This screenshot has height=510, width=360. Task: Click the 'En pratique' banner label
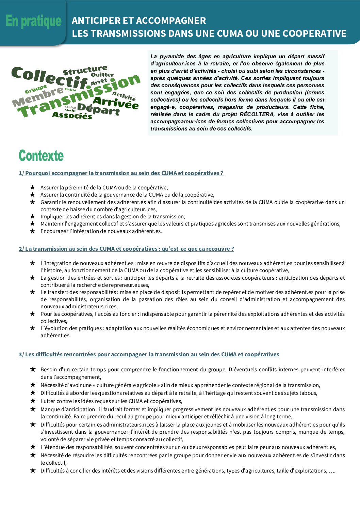tap(33, 21)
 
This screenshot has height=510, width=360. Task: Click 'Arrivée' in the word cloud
tap(116, 103)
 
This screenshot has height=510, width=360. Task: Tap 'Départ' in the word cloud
tap(98, 109)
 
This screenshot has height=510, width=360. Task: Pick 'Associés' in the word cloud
tap(72, 115)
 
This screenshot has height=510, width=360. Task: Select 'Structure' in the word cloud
tap(85, 71)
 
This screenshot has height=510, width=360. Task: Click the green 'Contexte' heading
tap(41, 156)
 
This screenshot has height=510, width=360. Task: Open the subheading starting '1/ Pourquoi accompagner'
tap(121, 173)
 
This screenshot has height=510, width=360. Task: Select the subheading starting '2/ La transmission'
tap(126, 249)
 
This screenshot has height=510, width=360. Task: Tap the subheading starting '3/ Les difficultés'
tap(149, 354)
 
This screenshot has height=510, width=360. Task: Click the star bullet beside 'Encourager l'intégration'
tap(32, 231)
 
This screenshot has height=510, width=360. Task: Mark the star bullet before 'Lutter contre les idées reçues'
tap(33, 401)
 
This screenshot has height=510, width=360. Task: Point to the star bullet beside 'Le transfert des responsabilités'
tap(32, 292)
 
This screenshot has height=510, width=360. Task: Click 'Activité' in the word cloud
tap(124, 96)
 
